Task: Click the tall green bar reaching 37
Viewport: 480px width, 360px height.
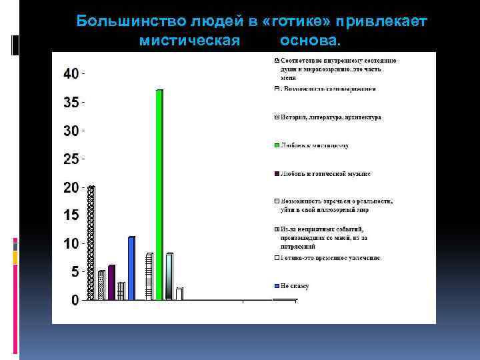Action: pyautogui.click(x=159, y=195)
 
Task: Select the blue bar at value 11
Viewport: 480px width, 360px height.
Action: pyautogui.click(x=131, y=268)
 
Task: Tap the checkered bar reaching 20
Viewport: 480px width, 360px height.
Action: pyautogui.click(x=91, y=243)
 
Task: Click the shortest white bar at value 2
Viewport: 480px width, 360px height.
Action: pyautogui.click(x=179, y=293)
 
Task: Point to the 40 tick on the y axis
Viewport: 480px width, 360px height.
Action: pyautogui.click(x=71, y=73)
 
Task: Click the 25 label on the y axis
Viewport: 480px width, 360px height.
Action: pyautogui.click(x=71, y=159)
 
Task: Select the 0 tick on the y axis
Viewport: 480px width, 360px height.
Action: pyautogui.click(x=75, y=300)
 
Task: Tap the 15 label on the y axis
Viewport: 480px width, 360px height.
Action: pyautogui.click(x=71, y=215)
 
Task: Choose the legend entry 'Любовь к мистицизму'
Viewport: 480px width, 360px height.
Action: pyautogui.click(x=314, y=145)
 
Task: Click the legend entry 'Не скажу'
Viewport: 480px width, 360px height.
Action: pyautogui.click(x=295, y=286)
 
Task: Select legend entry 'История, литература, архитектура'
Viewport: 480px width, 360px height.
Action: pyautogui.click(x=331, y=117)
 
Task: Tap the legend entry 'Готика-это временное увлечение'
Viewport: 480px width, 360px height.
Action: pyautogui.click(x=331, y=257)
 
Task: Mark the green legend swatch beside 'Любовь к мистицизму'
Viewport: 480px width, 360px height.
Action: pyautogui.click(x=276, y=145)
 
